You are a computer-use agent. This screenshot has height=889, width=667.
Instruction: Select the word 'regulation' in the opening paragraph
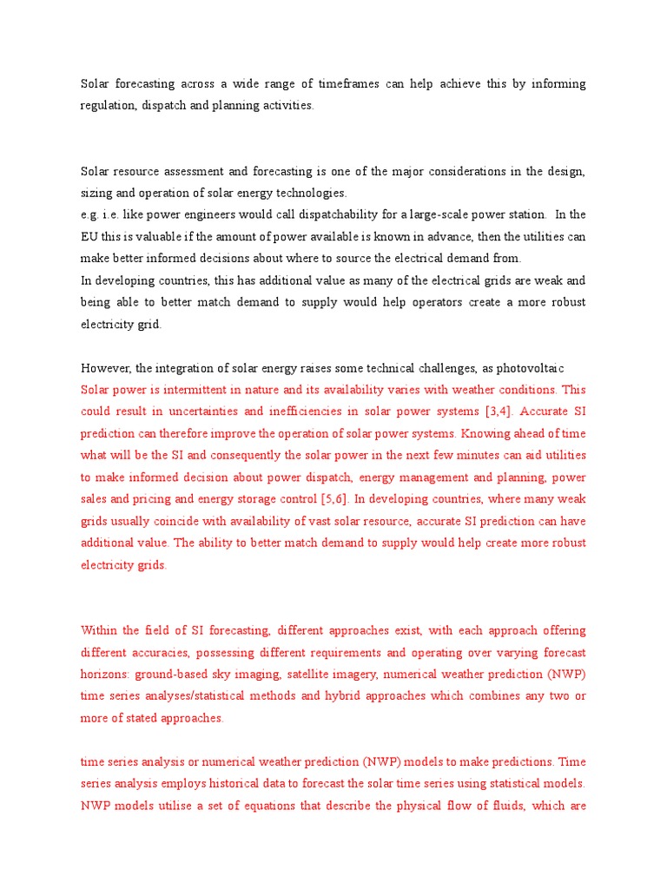click(x=109, y=106)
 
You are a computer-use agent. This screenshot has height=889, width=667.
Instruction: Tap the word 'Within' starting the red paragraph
click(x=99, y=630)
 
